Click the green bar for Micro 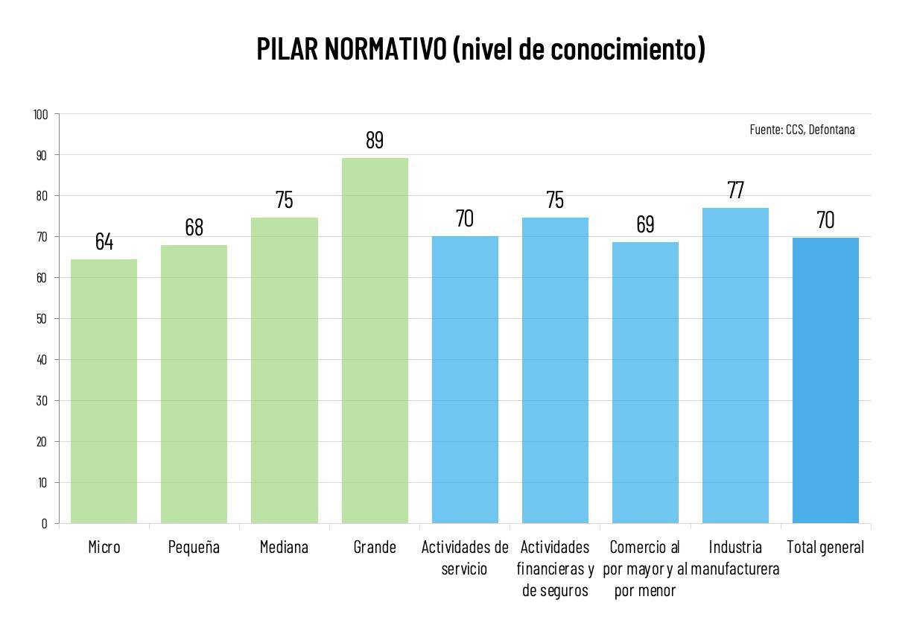click(x=104, y=391)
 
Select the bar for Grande click(x=375, y=341)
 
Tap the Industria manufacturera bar click(x=735, y=365)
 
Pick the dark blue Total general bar click(x=825, y=380)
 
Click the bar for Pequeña click(x=194, y=384)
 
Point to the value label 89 click(x=375, y=140)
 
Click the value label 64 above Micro click(x=104, y=242)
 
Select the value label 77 click(x=735, y=190)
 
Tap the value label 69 click(x=645, y=224)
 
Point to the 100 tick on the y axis click(x=40, y=115)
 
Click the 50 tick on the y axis click(x=42, y=319)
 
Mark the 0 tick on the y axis click(x=44, y=524)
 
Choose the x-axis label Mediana click(x=284, y=548)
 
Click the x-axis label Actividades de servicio click(x=465, y=558)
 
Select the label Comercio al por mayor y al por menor click(x=645, y=569)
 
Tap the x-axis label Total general click(x=825, y=548)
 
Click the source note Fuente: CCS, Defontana click(x=802, y=130)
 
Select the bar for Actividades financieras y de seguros click(x=555, y=370)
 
